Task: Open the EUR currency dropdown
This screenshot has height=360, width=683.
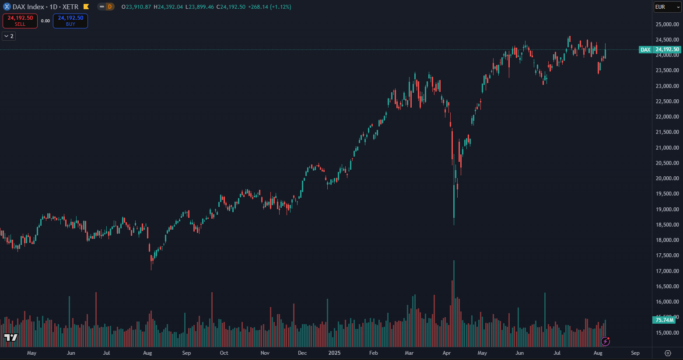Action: pyautogui.click(x=667, y=7)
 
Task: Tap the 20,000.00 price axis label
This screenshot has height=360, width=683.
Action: pyautogui.click(x=667, y=178)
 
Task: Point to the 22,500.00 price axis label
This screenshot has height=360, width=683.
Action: pyautogui.click(x=667, y=101)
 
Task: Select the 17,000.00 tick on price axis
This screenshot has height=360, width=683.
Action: pyautogui.click(x=667, y=271)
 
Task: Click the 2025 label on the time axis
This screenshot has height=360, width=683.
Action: pyautogui.click(x=334, y=353)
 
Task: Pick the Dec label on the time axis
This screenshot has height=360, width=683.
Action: pyautogui.click(x=302, y=353)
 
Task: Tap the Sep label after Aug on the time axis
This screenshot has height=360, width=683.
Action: pyautogui.click(x=635, y=353)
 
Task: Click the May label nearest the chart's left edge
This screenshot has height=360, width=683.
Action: pyautogui.click(x=32, y=353)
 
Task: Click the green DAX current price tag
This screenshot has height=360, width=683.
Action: pyautogui.click(x=660, y=50)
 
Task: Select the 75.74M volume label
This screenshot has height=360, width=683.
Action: pyautogui.click(x=664, y=320)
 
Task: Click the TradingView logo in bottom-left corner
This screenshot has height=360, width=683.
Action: pyautogui.click(x=11, y=337)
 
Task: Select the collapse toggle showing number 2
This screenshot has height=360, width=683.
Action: pyautogui.click(x=9, y=36)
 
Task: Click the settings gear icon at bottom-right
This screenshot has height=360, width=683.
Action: pyautogui.click(x=668, y=353)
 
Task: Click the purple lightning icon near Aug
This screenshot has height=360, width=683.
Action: pyautogui.click(x=606, y=341)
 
